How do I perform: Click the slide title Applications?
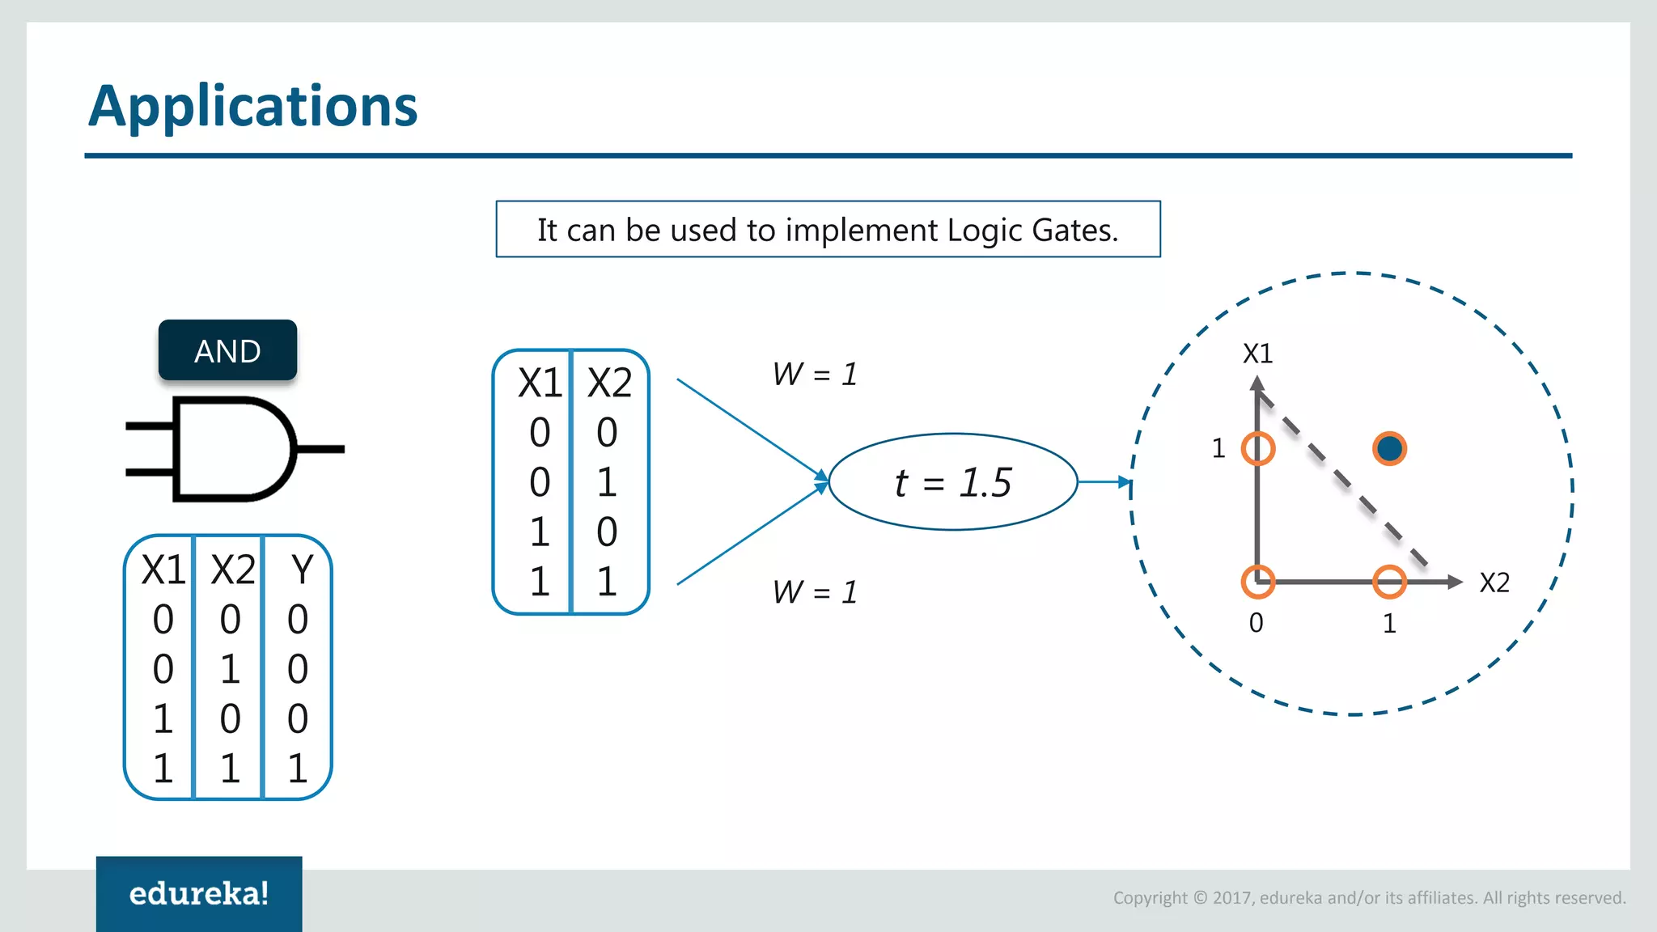252,107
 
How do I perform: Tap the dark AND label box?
227,350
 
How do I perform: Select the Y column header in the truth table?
301,570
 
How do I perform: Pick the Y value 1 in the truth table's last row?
298,768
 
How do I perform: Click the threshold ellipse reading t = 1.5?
953,482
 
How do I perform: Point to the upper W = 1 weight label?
814,375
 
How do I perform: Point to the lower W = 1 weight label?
814,592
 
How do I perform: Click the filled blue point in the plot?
1389,448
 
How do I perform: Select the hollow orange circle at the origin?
1258,581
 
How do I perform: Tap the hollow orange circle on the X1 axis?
1258,448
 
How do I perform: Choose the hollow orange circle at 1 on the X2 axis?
1389,582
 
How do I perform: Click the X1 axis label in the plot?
1257,354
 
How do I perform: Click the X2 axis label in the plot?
1494,582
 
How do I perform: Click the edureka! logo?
199,893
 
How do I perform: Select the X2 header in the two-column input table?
608,383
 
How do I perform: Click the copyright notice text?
1369,897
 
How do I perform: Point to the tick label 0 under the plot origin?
1256,623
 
